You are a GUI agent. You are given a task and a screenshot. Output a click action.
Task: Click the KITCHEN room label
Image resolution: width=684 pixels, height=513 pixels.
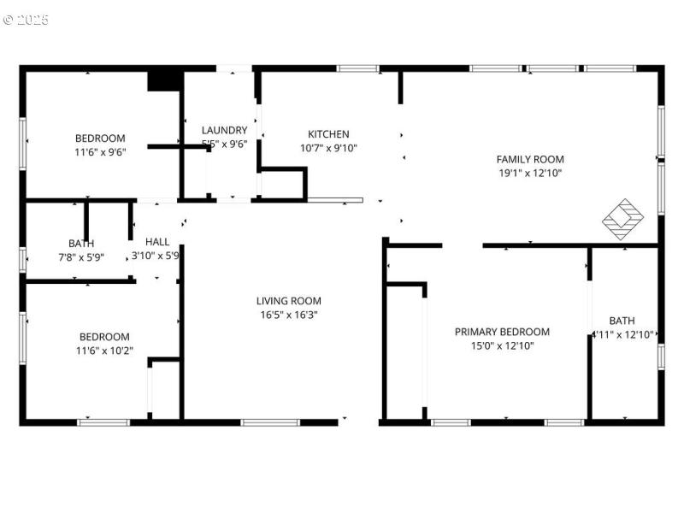click(x=328, y=134)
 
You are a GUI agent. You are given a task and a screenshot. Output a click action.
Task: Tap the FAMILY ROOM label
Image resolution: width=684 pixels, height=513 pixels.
click(x=530, y=159)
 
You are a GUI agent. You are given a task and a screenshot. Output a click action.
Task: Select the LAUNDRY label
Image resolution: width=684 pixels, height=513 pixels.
click(x=224, y=130)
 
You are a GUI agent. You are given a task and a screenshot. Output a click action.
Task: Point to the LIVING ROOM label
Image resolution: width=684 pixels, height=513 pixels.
click(x=289, y=301)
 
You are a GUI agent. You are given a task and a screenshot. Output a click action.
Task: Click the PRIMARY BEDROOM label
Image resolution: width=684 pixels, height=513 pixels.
click(x=502, y=332)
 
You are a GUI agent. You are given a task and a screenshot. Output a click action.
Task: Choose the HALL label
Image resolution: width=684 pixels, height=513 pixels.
click(x=157, y=242)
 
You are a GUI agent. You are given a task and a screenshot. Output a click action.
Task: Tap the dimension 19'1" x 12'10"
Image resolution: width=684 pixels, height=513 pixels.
click(x=530, y=173)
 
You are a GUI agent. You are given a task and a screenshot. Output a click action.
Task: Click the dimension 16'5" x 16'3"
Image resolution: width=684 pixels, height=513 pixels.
click(x=289, y=315)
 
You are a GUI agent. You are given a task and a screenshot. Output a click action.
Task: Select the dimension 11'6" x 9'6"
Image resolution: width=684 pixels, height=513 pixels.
click(x=100, y=152)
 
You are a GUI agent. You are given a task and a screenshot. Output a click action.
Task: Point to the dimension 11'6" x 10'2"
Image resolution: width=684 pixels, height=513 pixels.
click(x=104, y=351)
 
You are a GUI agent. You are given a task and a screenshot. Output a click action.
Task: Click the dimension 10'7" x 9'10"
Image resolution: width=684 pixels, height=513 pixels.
click(x=328, y=148)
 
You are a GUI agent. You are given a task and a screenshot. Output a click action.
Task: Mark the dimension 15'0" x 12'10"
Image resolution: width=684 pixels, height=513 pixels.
click(x=502, y=345)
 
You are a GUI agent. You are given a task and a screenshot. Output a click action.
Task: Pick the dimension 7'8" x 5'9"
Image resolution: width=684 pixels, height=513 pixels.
click(x=81, y=256)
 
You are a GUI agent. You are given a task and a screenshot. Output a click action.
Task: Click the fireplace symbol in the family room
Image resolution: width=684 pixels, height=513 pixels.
click(x=623, y=219)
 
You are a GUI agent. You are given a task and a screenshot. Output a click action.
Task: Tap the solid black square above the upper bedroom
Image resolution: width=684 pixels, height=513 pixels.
click(x=164, y=80)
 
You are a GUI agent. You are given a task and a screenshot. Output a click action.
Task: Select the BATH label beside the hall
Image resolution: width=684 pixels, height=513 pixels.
click(x=81, y=244)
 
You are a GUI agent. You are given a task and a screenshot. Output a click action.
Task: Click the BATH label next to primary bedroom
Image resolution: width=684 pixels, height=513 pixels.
click(x=622, y=321)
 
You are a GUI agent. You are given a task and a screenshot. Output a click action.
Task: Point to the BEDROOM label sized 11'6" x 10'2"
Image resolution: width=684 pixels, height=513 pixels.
click(x=104, y=337)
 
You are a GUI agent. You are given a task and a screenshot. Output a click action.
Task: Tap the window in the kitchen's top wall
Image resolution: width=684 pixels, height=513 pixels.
click(x=357, y=68)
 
